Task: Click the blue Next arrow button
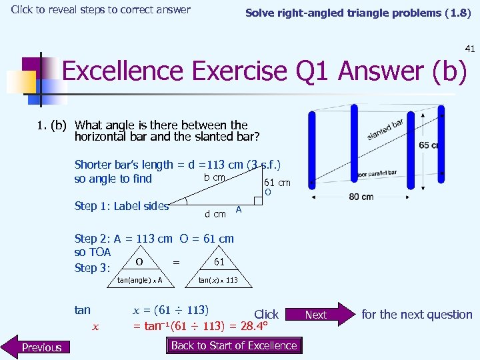(319, 315)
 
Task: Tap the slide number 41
(469, 48)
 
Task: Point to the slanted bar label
(385, 129)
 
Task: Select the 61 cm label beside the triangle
(277, 182)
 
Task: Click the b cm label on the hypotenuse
(214, 177)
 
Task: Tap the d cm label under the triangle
(215, 213)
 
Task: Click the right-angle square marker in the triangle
(258, 201)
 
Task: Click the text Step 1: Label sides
(121, 206)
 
